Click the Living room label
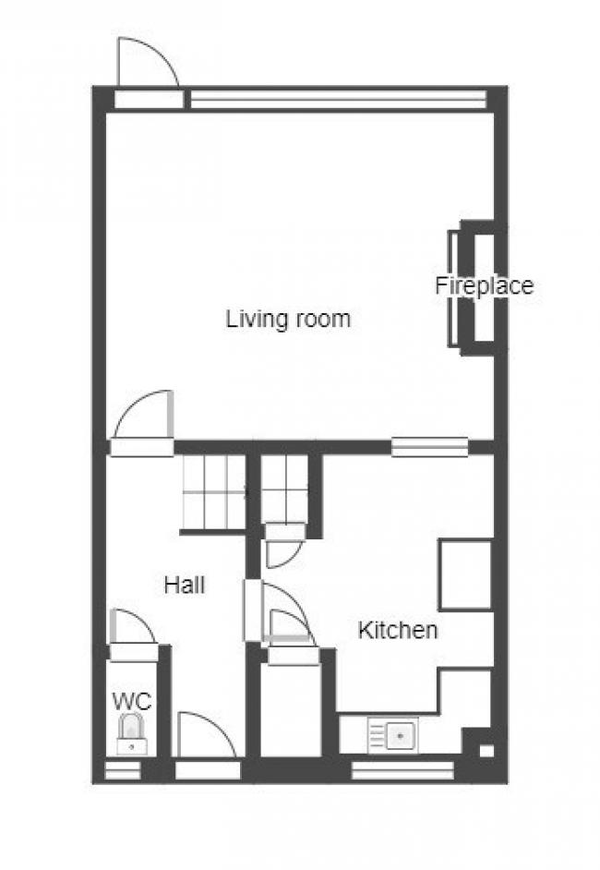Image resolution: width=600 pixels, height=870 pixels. pos(288,320)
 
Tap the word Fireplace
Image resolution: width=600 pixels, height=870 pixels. pos(484,285)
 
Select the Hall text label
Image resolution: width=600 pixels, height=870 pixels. pos(185,585)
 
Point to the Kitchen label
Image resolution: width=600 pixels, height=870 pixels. pos(397,631)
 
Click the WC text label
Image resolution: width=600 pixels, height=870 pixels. pos(132,700)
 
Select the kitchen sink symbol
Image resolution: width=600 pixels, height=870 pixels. pos(392,735)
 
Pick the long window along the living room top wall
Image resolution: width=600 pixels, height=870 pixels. pos(338,99)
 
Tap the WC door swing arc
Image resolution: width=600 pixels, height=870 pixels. pos(132,628)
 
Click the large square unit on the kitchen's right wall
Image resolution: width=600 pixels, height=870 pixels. pos(465,574)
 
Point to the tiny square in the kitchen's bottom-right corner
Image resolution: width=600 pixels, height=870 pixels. pos(486,750)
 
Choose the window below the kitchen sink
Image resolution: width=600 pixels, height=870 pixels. pos(402,769)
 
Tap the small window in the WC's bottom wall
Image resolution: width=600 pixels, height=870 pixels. pos(122,769)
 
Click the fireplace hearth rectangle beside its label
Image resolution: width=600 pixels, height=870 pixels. pos(453,288)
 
